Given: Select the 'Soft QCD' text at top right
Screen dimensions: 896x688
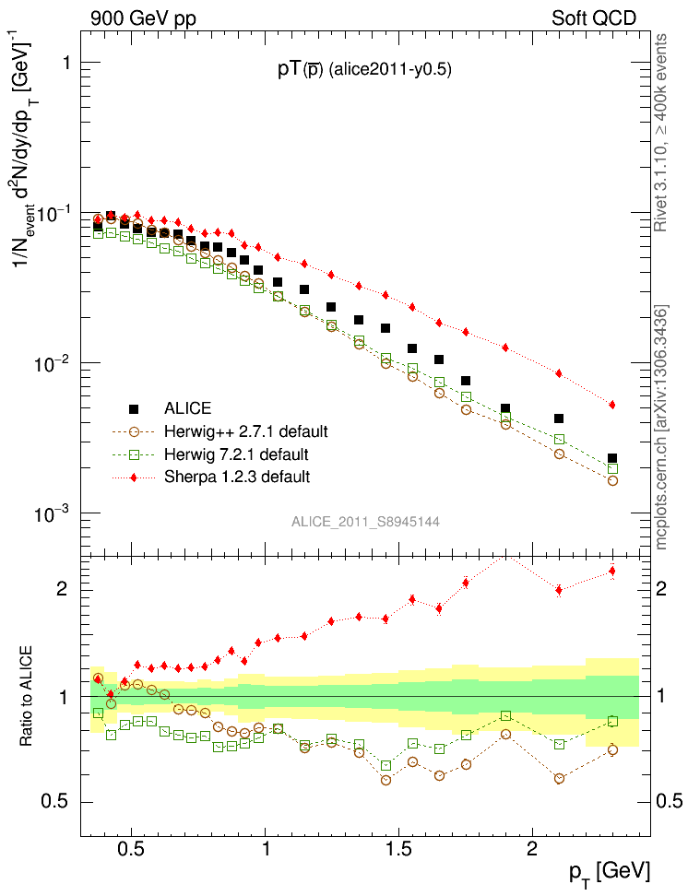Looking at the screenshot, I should point(594,18).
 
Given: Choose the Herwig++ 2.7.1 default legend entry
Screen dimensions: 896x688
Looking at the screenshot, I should point(238,431).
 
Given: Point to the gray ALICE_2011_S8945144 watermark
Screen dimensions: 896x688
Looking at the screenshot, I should point(365,522).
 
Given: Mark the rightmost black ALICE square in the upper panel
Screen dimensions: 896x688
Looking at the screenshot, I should point(612,458).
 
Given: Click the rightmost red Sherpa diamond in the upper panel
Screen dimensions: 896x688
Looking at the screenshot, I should point(612,405).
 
